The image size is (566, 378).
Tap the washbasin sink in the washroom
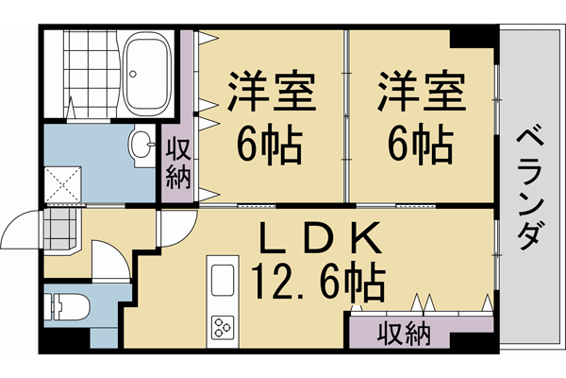pyautogui.click(x=142, y=146)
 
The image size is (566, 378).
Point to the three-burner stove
pyautogui.click(x=224, y=329)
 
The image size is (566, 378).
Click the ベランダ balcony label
pyautogui.click(x=529, y=189)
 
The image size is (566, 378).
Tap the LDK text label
pyautogui.click(x=317, y=237)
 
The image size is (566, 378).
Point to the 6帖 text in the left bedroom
pyautogui.click(x=268, y=145)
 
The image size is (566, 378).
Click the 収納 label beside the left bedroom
pyautogui.click(x=178, y=163)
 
